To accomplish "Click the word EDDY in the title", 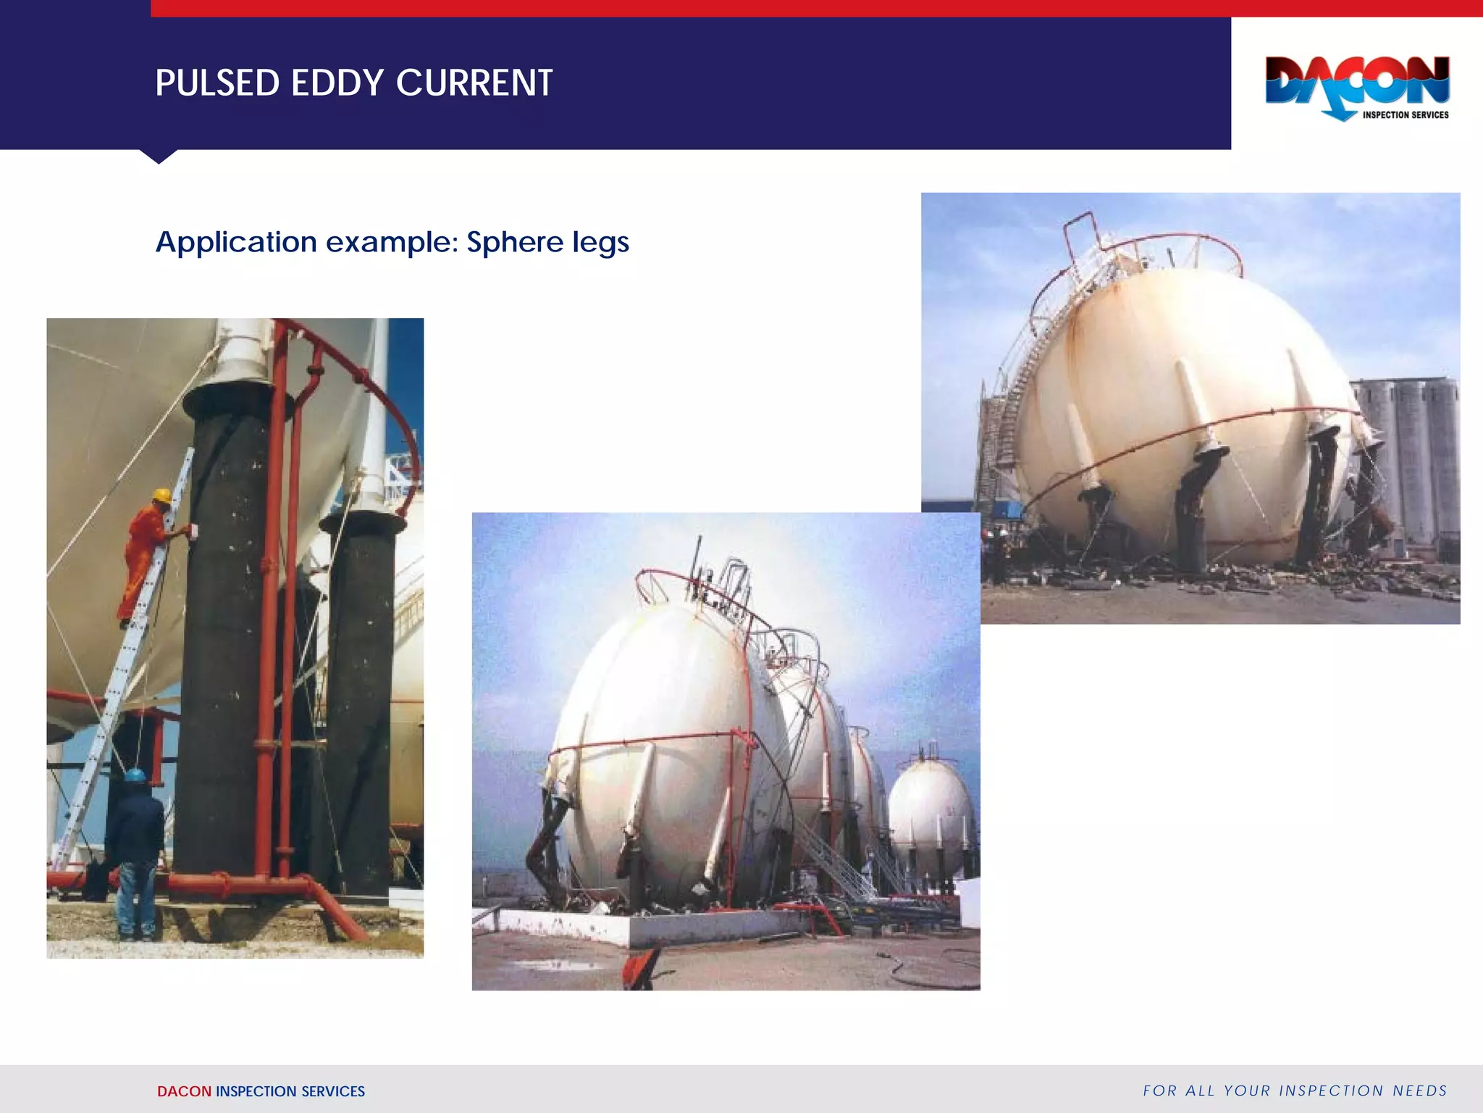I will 337,83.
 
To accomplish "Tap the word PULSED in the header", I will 218,83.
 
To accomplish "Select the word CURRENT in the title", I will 474,83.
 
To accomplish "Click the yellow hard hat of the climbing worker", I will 162,496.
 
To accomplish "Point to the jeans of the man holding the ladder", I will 136,899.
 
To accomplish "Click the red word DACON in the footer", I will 184,1091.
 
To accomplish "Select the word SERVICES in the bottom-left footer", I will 333,1091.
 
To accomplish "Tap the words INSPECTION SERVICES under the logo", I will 1406,114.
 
